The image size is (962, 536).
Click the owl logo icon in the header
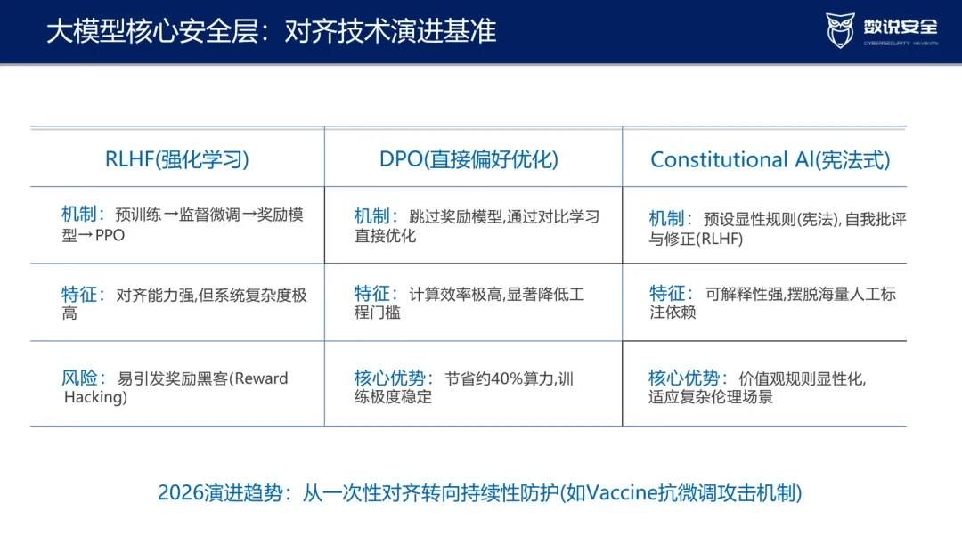(x=840, y=30)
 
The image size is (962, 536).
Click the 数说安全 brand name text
(x=901, y=27)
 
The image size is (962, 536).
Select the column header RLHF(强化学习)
(x=176, y=159)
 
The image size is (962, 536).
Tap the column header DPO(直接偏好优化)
(x=469, y=159)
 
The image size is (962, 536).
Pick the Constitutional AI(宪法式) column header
(x=770, y=160)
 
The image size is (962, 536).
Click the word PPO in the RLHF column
(x=110, y=235)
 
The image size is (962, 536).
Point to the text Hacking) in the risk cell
(x=95, y=397)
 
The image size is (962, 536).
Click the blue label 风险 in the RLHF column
(x=80, y=378)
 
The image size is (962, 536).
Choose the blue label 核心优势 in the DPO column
(x=389, y=378)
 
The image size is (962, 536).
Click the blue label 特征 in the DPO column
(x=371, y=294)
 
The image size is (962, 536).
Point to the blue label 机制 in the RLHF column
(x=79, y=214)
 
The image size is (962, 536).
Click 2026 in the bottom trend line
(x=181, y=492)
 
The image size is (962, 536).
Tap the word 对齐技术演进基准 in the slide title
(x=390, y=31)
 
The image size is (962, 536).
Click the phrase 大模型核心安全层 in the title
(x=153, y=31)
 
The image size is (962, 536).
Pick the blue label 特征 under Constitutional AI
(x=667, y=293)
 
